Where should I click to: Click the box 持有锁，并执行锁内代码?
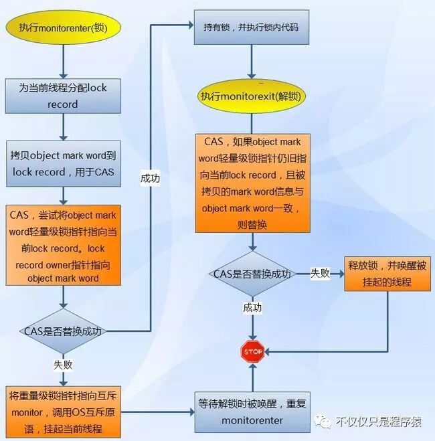[x=252, y=27]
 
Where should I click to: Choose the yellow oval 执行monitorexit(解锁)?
[x=252, y=96]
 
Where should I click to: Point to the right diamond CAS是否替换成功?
[x=252, y=274]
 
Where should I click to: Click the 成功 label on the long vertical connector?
[x=150, y=179]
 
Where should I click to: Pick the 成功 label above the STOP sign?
[x=252, y=308]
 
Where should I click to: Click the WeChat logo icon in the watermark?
[x=324, y=421]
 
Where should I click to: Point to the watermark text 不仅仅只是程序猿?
[x=378, y=422]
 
